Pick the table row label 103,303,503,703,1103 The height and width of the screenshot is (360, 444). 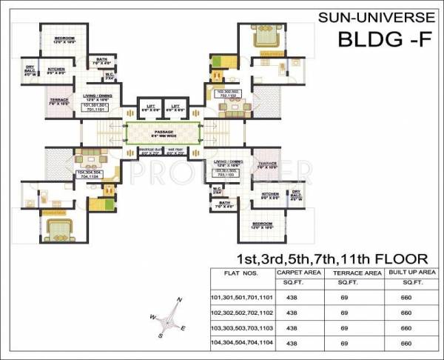coord(243,327)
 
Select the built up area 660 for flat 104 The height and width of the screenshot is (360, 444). coord(405,343)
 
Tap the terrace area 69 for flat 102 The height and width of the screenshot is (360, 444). coord(344,313)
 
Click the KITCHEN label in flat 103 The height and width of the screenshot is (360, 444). coord(269,194)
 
